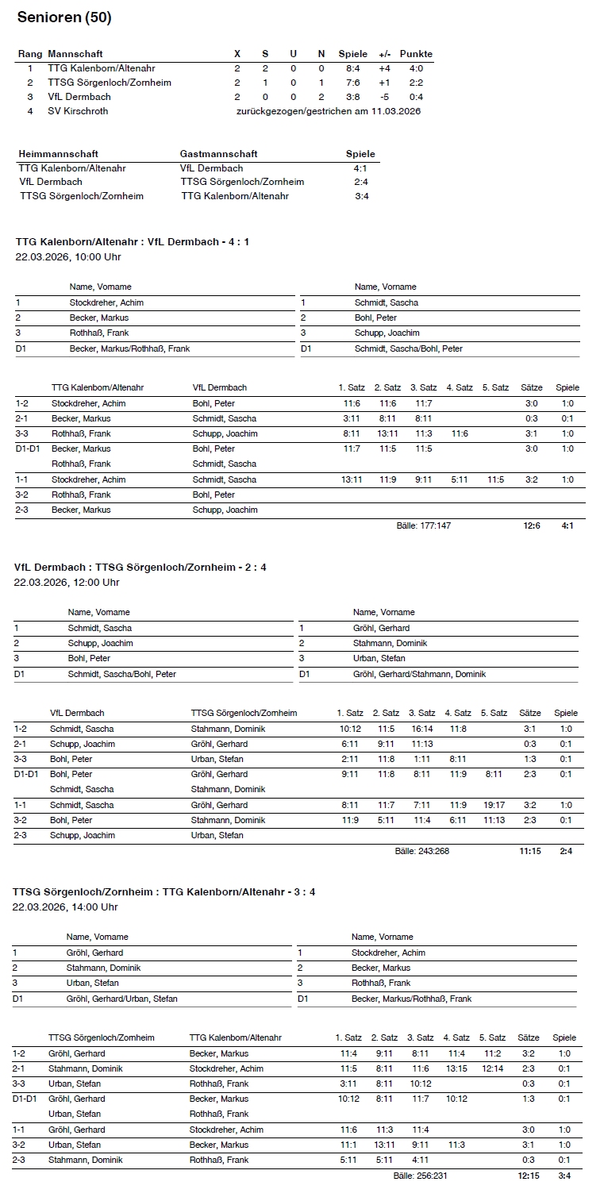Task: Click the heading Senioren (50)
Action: pos(64,17)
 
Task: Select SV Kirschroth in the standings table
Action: pos(78,111)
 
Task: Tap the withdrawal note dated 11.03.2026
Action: pos(329,111)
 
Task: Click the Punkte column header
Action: pos(416,54)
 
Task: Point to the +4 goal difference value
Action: pos(384,68)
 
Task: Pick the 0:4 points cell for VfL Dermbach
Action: pos(416,97)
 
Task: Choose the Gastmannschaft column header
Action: pos(219,154)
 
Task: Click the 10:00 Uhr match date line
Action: pos(68,256)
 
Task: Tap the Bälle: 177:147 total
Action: pos(424,525)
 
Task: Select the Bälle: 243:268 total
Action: pos(422,851)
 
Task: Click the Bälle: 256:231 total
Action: pos(421,1176)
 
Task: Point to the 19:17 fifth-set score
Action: pos(494,805)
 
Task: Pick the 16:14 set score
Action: pos(421,729)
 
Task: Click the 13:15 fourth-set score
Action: pos(456,1068)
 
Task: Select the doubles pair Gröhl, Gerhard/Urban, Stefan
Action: pos(122,999)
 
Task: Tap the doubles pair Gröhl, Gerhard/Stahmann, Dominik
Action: pos(419,674)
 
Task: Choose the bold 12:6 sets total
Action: pos(532,525)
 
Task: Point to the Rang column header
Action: pos(29,54)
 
